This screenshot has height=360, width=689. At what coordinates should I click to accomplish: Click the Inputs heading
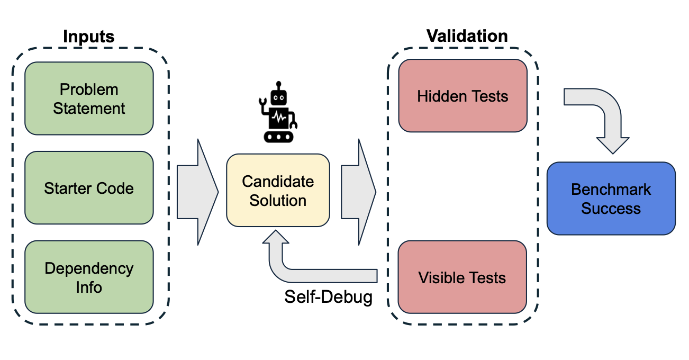tap(89, 37)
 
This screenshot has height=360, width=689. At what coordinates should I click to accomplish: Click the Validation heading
tap(467, 36)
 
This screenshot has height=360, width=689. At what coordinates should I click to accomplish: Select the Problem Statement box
tap(89, 98)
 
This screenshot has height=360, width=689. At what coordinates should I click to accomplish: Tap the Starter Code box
tap(89, 188)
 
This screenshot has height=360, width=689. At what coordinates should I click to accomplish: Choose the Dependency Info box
tap(89, 277)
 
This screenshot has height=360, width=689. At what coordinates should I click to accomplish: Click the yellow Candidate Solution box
tap(278, 191)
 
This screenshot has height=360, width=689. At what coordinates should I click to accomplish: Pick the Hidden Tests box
tap(463, 96)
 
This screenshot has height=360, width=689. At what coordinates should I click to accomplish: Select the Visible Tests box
tap(463, 277)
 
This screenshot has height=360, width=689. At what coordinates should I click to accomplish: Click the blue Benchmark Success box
tap(611, 199)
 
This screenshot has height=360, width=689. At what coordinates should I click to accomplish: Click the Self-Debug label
tap(328, 297)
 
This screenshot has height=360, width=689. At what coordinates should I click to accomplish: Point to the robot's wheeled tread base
tap(278, 136)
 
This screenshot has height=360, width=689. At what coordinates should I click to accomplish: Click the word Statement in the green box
tap(89, 109)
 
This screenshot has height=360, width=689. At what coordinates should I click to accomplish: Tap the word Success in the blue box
tap(611, 208)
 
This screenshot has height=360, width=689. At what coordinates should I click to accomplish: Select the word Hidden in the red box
tap(438, 96)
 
